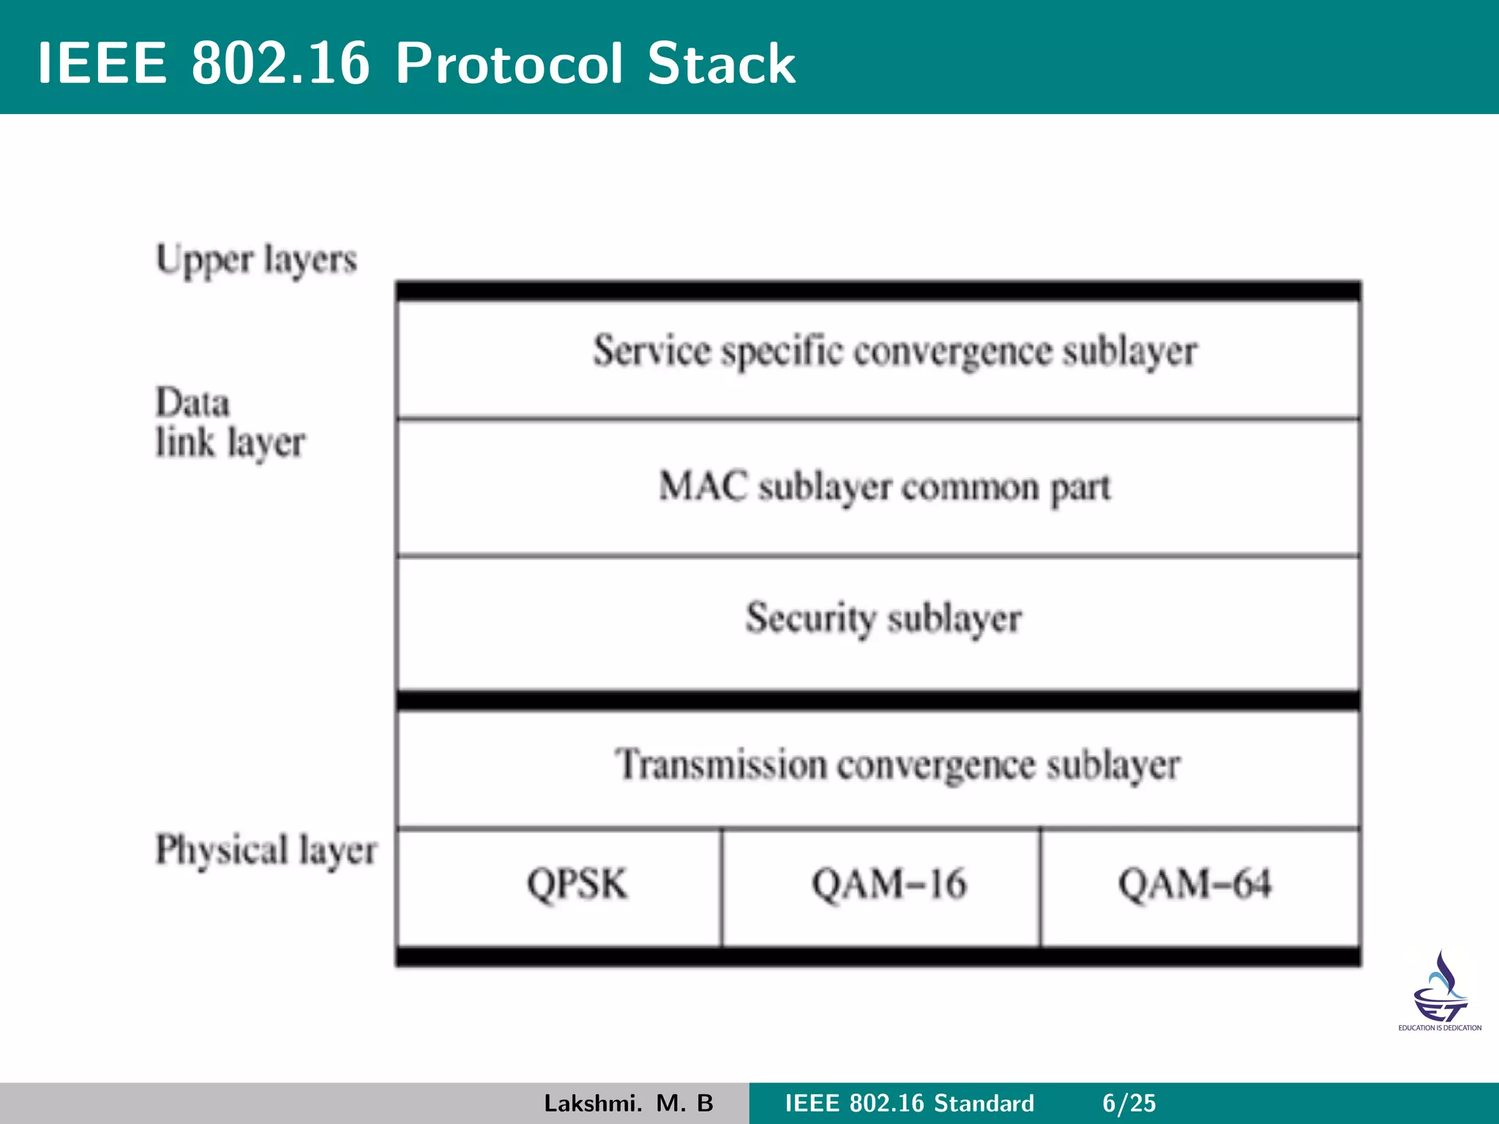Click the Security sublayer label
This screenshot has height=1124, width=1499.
pyautogui.click(x=883, y=619)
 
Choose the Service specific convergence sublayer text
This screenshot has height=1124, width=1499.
pyautogui.click(x=894, y=351)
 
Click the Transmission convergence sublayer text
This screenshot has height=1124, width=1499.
pyautogui.click(x=897, y=765)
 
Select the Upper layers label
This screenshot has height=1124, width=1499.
pyautogui.click(x=256, y=261)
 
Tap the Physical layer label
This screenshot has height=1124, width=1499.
pyautogui.click(x=266, y=851)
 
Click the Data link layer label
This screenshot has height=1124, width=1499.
pyautogui.click(x=230, y=423)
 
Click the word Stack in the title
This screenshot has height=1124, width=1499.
pyautogui.click(x=720, y=64)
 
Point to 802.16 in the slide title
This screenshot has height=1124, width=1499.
pyautogui.click(x=280, y=64)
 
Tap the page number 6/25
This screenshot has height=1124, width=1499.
pyautogui.click(x=1129, y=1103)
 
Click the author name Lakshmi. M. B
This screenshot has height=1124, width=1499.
pyautogui.click(x=628, y=1103)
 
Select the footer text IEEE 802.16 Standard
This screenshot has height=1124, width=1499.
pyautogui.click(x=909, y=1103)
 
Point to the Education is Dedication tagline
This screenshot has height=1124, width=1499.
pyautogui.click(x=1440, y=1028)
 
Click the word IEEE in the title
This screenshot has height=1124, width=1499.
pyautogui.click(x=102, y=64)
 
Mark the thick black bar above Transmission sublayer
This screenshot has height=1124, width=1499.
pyautogui.click(x=878, y=700)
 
